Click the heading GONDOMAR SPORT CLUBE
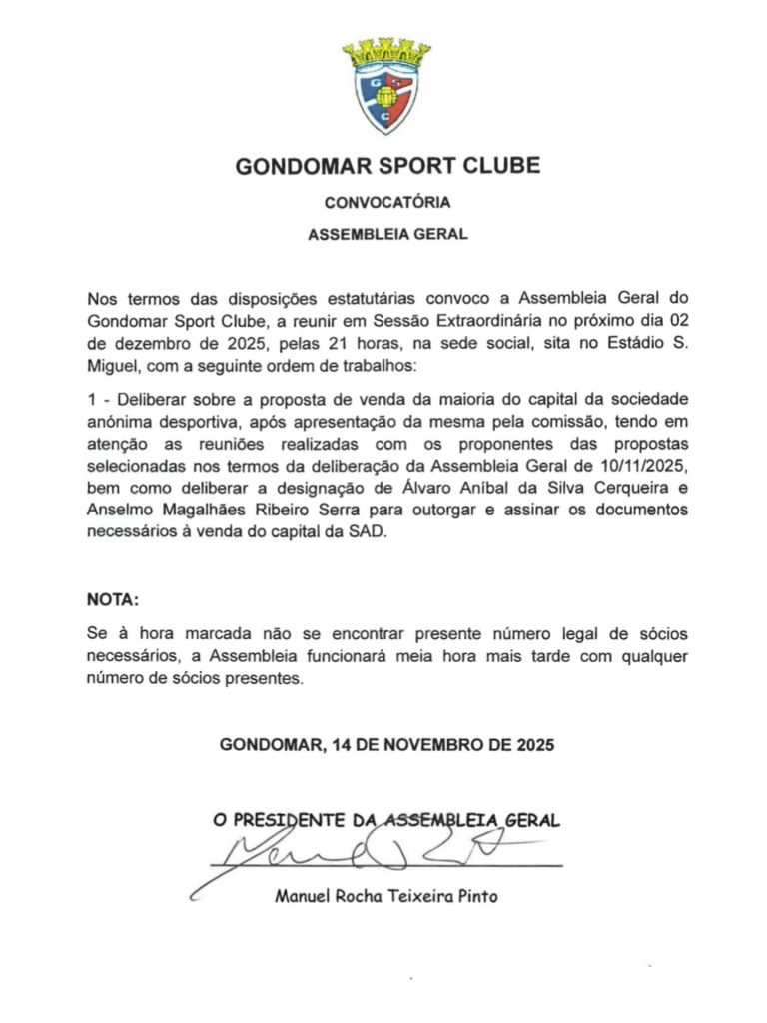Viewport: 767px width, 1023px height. [387, 165]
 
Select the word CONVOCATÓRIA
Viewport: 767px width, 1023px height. [387, 202]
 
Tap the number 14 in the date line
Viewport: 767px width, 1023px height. [346, 744]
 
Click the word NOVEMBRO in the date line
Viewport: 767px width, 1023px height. [431, 744]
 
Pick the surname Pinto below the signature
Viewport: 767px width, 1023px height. [473, 896]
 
